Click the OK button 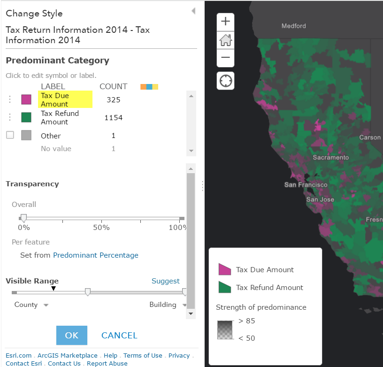tap(72, 335)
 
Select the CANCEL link tap(119, 335)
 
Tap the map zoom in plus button tap(225, 22)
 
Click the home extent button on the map tap(225, 40)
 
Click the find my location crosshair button tap(225, 81)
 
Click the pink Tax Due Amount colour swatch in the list tap(26, 99)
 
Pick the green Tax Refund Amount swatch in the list tap(26, 117)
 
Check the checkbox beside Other tap(10, 135)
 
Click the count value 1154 tap(114, 118)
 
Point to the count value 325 tap(114, 99)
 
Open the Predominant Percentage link tap(96, 255)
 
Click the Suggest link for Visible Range tap(165, 281)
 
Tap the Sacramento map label tap(331, 158)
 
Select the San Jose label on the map tap(320, 199)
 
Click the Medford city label tap(293, 26)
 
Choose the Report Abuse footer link tap(107, 363)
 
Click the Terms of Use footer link tap(143, 356)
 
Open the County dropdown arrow tap(46, 305)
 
